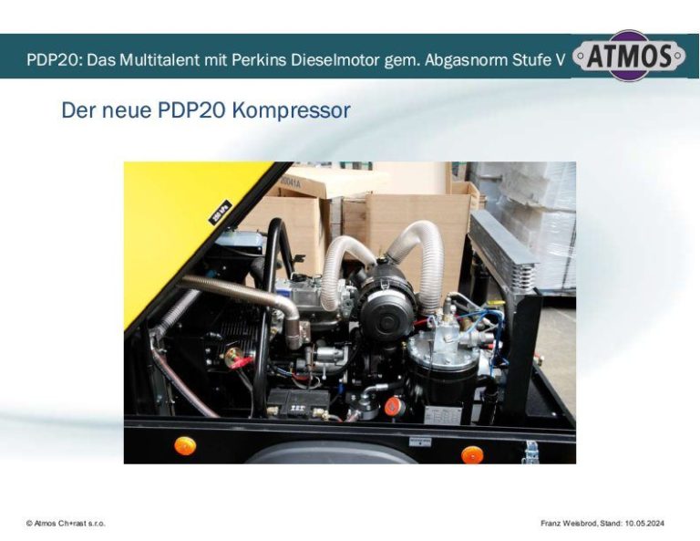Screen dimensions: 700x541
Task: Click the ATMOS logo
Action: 629,56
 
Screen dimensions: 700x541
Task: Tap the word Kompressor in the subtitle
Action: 291,110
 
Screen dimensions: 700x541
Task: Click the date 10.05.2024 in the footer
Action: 644,523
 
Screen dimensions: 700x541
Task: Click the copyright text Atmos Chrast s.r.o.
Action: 66,523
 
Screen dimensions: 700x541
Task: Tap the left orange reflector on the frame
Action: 185,446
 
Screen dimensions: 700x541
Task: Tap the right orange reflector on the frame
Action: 472,454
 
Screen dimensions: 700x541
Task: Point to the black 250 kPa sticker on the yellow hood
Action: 221,212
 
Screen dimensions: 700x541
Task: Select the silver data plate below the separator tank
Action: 440,416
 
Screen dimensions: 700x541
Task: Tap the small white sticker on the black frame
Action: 420,442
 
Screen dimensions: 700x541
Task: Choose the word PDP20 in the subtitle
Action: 191,110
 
